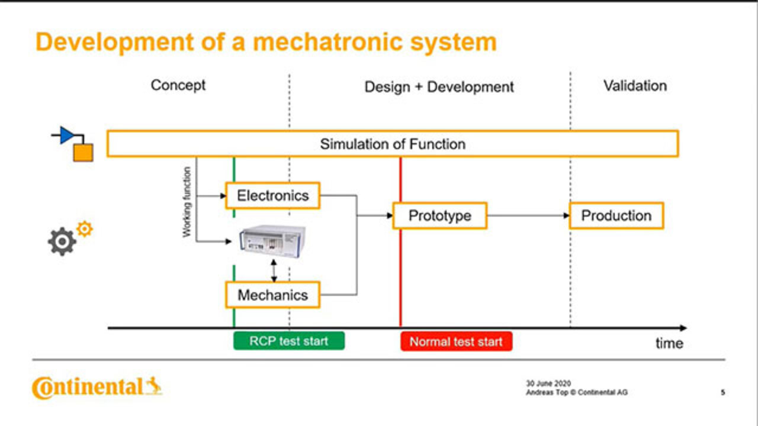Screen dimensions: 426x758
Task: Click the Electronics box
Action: point(272,196)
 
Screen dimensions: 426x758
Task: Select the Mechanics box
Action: point(272,295)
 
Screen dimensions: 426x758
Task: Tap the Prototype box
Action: point(440,216)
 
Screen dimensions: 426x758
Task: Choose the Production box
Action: point(616,216)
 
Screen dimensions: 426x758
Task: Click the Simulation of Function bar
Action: point(393,144)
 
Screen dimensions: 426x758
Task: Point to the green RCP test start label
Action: point(288,341)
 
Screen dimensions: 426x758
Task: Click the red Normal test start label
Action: point(456,341)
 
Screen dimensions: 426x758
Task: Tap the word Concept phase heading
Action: point(178,85)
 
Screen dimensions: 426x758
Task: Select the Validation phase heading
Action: point(635,86)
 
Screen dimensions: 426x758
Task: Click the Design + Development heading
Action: point(439,88)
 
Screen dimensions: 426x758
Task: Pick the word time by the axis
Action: point(669,344)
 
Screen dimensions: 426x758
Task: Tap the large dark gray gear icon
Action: point(62,242)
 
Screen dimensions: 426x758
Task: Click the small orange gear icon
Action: point(85,229)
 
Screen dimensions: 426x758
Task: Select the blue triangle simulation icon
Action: point(67,135)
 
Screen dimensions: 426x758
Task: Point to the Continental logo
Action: point(97,388)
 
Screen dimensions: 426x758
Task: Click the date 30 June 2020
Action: point(548,383)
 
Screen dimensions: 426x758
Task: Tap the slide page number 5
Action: point(723,392)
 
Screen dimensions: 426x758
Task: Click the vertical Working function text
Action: point(187,202)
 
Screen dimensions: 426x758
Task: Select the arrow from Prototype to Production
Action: point(528,216)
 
